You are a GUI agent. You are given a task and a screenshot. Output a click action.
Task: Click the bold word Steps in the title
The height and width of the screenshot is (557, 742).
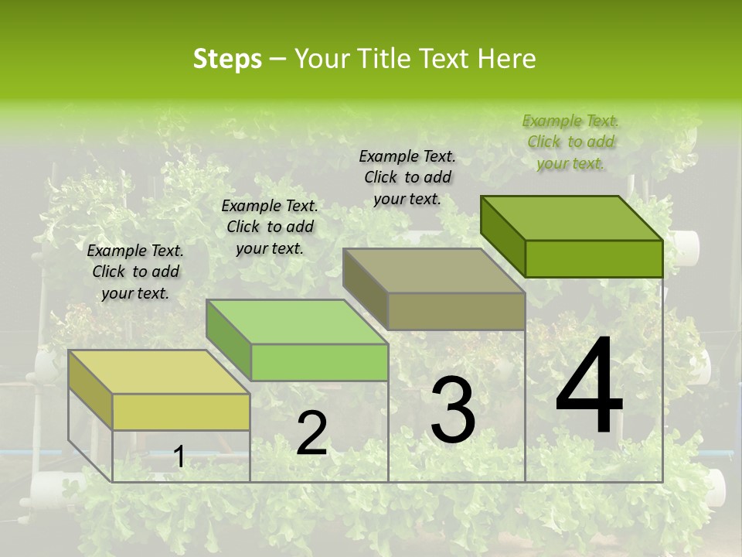pyautogui.click(x=227, y=59)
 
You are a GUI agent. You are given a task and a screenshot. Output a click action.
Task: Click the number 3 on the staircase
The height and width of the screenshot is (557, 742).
pyautogui.click(x=453, y=410)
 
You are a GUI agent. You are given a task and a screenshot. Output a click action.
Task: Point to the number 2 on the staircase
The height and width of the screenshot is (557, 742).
pyautogui.click(x=311, y=433)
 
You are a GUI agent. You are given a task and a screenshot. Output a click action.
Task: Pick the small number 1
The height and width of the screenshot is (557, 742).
pyautogui.click(x=179, y=457)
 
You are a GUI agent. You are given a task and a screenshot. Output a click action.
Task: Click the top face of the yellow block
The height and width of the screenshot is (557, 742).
pyautogui.click(x=158, y=372)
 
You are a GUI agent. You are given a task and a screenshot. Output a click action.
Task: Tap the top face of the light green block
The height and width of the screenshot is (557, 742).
pyautogui.click(x=297, y=322)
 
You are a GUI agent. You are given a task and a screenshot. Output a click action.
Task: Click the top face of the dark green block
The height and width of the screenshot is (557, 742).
pyautogui.click(x=571, y=218)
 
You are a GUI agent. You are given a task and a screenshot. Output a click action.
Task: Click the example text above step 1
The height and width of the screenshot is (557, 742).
pyautogui.click(x=135, y=272)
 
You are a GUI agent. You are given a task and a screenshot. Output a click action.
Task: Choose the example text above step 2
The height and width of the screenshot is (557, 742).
pyautogui.click(x=270, y=227)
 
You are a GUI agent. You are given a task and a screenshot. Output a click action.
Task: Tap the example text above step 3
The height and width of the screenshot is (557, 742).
pyautogui.click(x=407, y=177)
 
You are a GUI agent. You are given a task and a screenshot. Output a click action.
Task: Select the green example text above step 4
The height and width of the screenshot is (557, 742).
pyautogui.click(x=570, y=142)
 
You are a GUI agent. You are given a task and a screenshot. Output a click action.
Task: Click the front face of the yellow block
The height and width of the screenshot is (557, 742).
pyautogui.click(x=181, y=412)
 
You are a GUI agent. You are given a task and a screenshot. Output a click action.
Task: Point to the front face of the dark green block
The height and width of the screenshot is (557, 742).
pyautogui.click(x=594, y=258)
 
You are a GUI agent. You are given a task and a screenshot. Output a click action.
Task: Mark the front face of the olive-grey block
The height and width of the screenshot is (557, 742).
pyautogui.click(x=456, y=311)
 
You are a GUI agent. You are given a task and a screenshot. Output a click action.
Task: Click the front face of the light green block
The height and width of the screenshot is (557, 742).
pyautogui.click(x=319, y=362)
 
